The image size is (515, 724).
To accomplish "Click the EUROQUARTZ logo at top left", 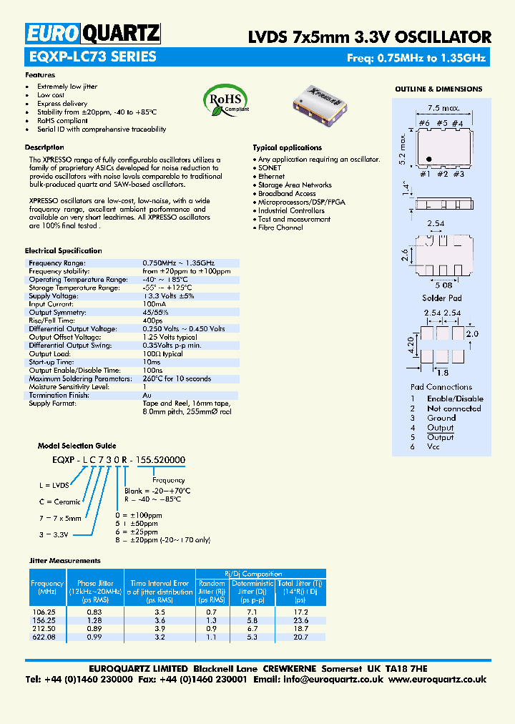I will coord(93,34).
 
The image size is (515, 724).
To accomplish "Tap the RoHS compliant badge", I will coord(225,100).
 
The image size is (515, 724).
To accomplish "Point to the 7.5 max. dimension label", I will coord(443,109).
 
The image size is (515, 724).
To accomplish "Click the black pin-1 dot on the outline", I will coord(428,159).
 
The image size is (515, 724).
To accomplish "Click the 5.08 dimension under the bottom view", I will coord(442,283).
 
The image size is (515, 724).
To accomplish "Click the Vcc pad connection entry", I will coord(433,446).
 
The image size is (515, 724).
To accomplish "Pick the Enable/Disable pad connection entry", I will coord(455,398).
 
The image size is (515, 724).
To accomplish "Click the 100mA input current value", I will coord(154,304).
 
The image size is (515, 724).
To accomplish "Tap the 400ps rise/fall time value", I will coord(152,321).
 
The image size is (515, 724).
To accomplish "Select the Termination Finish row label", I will coord(59,395).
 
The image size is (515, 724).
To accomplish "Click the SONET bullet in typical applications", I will coord(270,167).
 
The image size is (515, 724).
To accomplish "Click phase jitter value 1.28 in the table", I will coord(94,620).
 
